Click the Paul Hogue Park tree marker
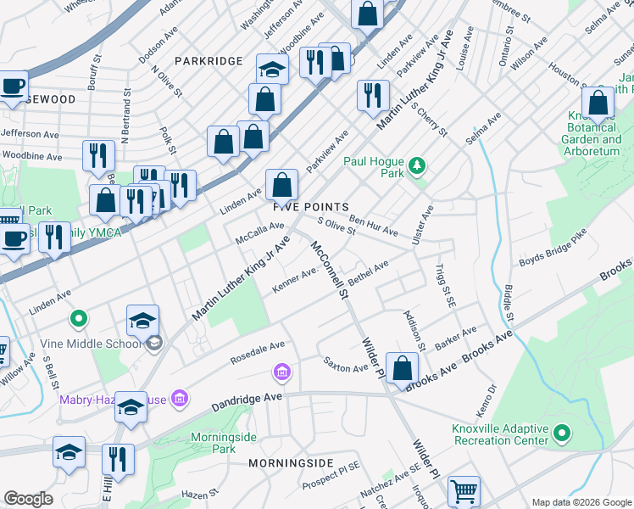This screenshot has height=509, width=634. pyautogui.click(x=416, y=164)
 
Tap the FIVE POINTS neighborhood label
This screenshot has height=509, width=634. pyautogui.click(x=310, y=207)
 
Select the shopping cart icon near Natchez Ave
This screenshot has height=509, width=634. pyautogui.click(x=464, y=490)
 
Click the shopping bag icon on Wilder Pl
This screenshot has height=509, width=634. pyautogui.click(x=404, y=368)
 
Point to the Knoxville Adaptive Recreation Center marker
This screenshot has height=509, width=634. pyautogui.click(x=561, y=434)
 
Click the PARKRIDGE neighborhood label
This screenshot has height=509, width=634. pyautogui.click(x=209, y=61)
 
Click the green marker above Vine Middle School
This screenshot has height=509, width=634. pyautogui.click(x=79, y=320)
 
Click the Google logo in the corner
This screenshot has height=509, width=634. pyautogui.click(x=28, y=499)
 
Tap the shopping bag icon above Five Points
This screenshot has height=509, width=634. pyautogui.click(x=281, y=184)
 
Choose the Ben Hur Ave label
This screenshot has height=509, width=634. pyautogui.click(x=373, y=225)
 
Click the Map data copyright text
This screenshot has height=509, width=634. pyautogui.click(x=581, y=501)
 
